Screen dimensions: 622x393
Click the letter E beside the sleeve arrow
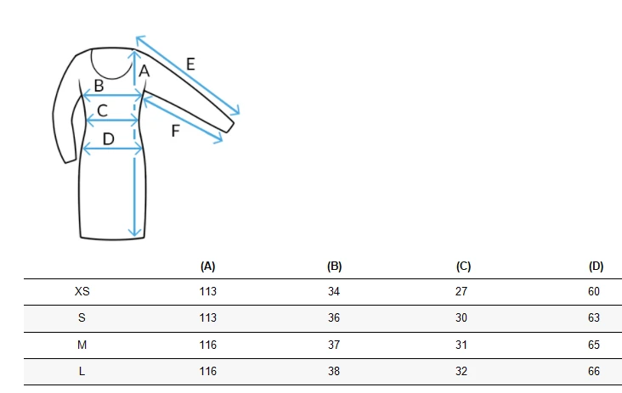[190, 65]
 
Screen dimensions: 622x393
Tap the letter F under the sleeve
[175, 131]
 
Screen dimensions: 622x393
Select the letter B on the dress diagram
[99, 86]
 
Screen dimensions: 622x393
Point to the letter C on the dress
[102, 110]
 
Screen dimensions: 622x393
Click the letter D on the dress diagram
[108, 139]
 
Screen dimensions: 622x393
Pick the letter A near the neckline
[144, 71]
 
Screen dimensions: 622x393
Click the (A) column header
[208, 267]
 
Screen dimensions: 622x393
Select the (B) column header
[335, 267]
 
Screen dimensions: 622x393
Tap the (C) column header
[463, 267]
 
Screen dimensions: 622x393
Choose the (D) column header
[596, 267]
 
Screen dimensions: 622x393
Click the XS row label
[82, 292]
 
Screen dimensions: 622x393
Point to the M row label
[82, 345]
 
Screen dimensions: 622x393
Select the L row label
[82, 371]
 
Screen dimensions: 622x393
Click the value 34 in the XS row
[334, 292]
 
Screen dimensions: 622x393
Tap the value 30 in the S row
[461, 317]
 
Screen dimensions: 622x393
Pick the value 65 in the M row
[594, 345]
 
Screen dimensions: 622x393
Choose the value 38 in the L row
[334, 371]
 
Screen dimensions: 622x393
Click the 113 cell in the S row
[208, 317]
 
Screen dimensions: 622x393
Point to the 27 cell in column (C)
[461, 292]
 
